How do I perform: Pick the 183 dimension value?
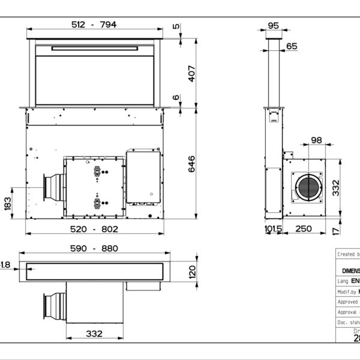(8, 203)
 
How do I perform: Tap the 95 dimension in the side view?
(274, 25)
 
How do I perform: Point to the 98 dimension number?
(316, 140)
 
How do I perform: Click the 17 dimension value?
(337, 230)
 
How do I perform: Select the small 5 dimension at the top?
(176, 26)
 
